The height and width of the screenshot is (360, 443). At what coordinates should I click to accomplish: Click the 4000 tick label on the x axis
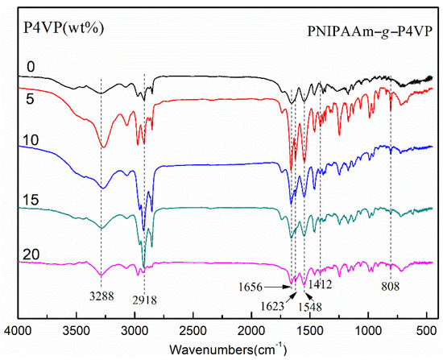19,330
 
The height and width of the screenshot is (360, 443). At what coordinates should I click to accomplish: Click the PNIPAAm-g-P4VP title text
370,34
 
